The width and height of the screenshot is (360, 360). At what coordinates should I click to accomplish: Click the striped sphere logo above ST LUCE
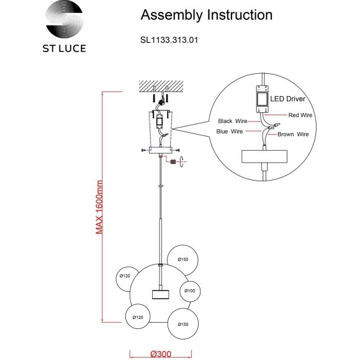point(65,19)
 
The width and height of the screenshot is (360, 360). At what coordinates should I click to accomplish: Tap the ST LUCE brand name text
point(65,48)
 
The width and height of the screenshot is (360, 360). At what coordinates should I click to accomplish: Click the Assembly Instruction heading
point(207,15)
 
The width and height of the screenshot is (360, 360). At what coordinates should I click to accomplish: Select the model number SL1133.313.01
point(169,40)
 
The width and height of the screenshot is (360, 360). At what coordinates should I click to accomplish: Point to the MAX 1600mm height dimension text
point(99,207)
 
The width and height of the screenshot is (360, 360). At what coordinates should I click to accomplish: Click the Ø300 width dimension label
point(161,354)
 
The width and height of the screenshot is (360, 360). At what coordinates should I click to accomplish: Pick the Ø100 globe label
point(190,291)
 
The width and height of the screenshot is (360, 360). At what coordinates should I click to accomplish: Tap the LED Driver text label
point(287,99)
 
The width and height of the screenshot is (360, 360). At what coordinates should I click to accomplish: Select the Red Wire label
point(300,115)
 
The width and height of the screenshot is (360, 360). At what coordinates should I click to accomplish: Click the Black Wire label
point(233,121)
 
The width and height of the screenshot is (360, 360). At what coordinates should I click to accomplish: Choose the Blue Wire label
point(230,132)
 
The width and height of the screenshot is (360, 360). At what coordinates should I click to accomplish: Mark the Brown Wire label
point(293,134)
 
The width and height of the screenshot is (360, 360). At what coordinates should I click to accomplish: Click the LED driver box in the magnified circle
point(262,99)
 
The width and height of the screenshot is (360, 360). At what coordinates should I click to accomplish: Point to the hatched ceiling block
point(161,86)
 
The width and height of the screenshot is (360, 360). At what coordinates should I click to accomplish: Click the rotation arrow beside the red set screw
point(182,161)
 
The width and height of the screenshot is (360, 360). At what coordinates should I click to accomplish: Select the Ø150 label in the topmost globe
point(183,259)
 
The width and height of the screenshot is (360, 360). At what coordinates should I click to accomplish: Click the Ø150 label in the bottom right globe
point(183,324)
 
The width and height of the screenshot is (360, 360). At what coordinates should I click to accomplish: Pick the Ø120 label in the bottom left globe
point(138,317)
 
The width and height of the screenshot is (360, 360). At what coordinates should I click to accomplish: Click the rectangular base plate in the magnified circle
point(264,156)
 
